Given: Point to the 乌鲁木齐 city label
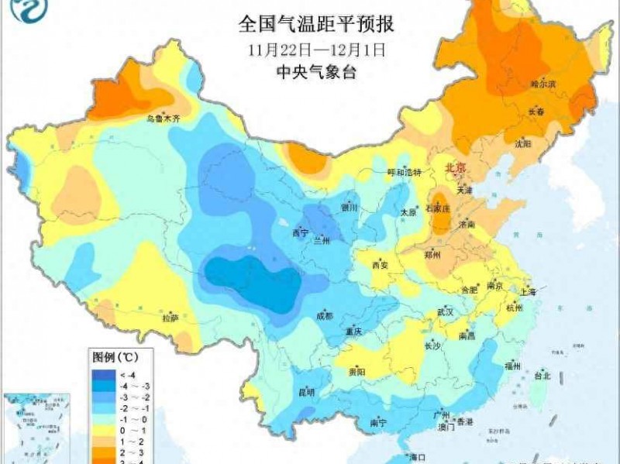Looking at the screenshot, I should pos(163,119).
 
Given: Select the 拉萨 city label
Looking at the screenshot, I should pos(170,318).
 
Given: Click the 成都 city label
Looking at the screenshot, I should pos(324,315).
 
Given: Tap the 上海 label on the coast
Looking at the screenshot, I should pos(529,292).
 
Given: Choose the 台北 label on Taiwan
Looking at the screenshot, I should pos(542,376).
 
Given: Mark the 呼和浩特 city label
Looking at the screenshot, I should pos(404,172).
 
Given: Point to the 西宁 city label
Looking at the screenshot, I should pos(300,232).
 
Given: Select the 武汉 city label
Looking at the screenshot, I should pos(444,311).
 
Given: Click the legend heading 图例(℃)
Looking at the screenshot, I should pos(115,357).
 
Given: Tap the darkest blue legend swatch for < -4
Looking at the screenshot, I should pos(102,373).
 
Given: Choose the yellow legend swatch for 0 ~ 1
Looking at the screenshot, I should pos(102,429).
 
